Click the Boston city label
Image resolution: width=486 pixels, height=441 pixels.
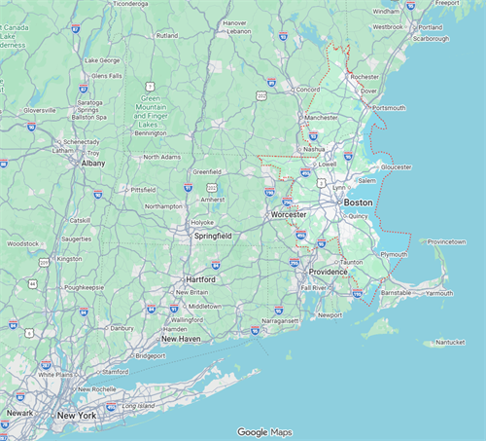[x=358, y=202]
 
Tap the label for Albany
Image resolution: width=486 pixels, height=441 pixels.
[x=93, y=164]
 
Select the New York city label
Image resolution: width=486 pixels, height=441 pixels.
[x=78, y=416]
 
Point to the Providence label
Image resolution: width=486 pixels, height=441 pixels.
[x=329, y=272]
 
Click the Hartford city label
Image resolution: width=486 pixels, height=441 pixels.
[x=200, y=279]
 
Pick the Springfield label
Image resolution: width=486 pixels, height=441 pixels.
[x=213, y=236]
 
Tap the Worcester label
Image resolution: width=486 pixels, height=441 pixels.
[x=289, y=214]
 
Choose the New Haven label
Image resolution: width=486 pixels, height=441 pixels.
[x=181, y=339]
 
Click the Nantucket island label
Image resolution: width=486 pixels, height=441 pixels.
[x=450, y=343]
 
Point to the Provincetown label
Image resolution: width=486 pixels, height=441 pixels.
[x=447, y=241]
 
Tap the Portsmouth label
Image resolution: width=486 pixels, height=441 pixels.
[x=388, y=108]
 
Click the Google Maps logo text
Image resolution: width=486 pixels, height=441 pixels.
[x=265, y=431]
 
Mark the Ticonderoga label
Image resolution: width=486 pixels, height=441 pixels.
[x=136, y=4]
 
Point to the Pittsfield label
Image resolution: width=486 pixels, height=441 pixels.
[x=144, y=189]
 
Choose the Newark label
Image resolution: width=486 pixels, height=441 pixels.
[x=19, y=413]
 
